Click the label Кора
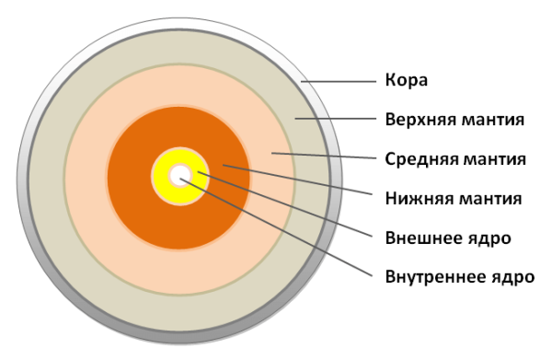pyautogui.click(x=406, y=80)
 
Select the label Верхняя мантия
pyautogui.click(x=454, y=119)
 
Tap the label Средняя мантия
pyautogui.click(x=454, y=158)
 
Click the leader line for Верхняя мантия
pyautogui.click(x=336, y=120)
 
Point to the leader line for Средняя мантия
pyautogui.click(x=322, y=156)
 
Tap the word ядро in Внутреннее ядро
pyautogui.click(x=512, y=276)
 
